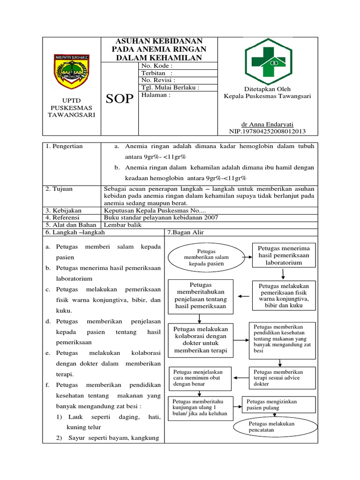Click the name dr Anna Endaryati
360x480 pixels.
pyautogui.click(x=267, y=124)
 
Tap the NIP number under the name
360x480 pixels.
pyautogui.click(x=267, y=132)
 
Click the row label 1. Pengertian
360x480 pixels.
pyautogui.click(x=64, y=146)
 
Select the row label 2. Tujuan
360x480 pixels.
pyautogui.click(x=58, y=188)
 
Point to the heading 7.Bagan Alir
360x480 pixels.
pyautogui.click(x=186, y=232)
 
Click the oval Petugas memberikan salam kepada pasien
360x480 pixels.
pyautogui.click(x=206, y=258)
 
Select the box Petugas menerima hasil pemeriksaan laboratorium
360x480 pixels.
pyautogui.click(x=284, y=255)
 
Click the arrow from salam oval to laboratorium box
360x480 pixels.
pyautogui.click(x=247, y=256)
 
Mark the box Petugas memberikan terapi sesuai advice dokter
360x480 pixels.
pyautogui.click(x=280, y=378)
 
